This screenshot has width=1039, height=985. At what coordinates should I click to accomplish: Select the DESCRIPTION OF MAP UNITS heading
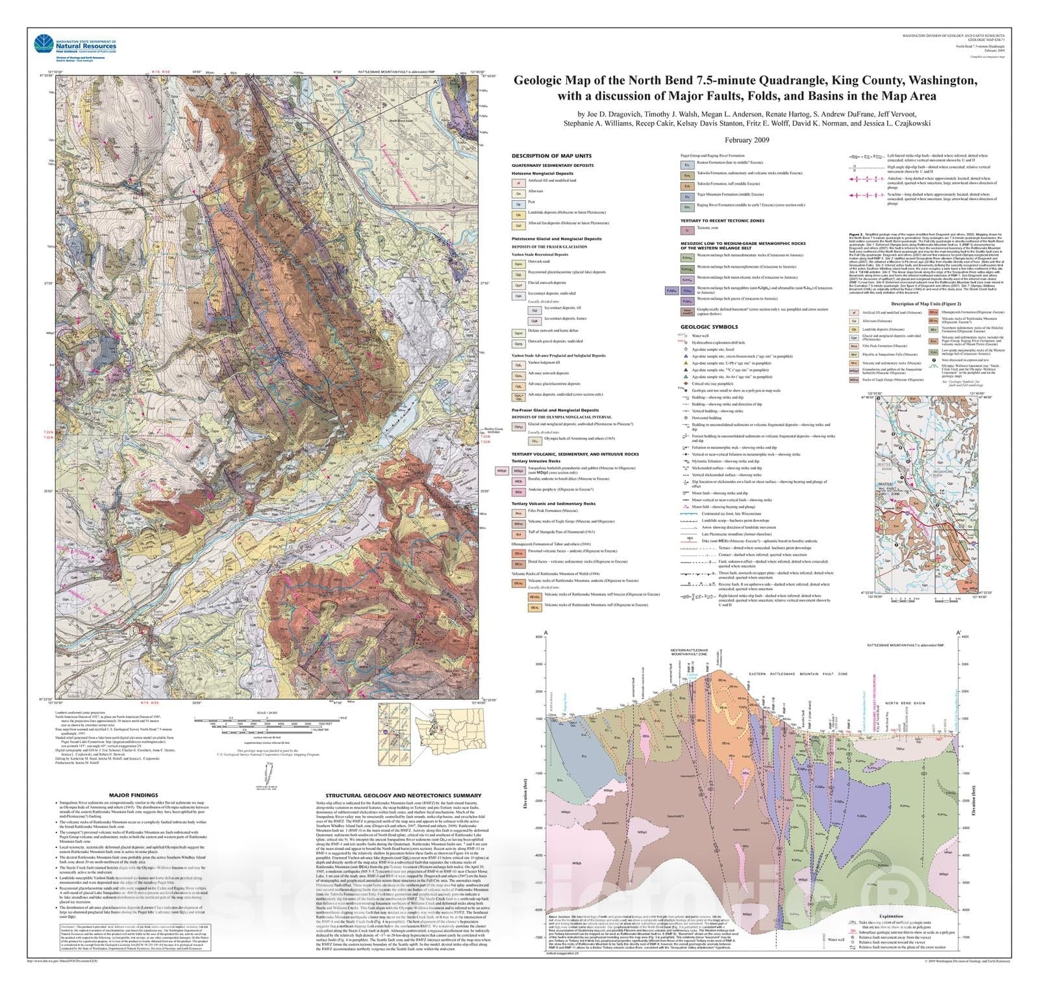(551, 156)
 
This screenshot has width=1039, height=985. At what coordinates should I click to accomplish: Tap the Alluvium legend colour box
(518, 194)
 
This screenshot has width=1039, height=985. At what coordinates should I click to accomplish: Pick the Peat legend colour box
(518, 203)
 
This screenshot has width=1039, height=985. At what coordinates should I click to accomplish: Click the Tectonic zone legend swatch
(686, 230)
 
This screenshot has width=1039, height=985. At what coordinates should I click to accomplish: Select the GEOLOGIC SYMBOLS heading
(709, 327)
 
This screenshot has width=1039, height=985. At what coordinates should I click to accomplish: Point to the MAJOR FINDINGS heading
(133, 795)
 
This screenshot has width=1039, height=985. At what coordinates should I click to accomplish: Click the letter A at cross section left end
(546, 632)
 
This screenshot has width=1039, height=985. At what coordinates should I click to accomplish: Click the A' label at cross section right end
(958, 632)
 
